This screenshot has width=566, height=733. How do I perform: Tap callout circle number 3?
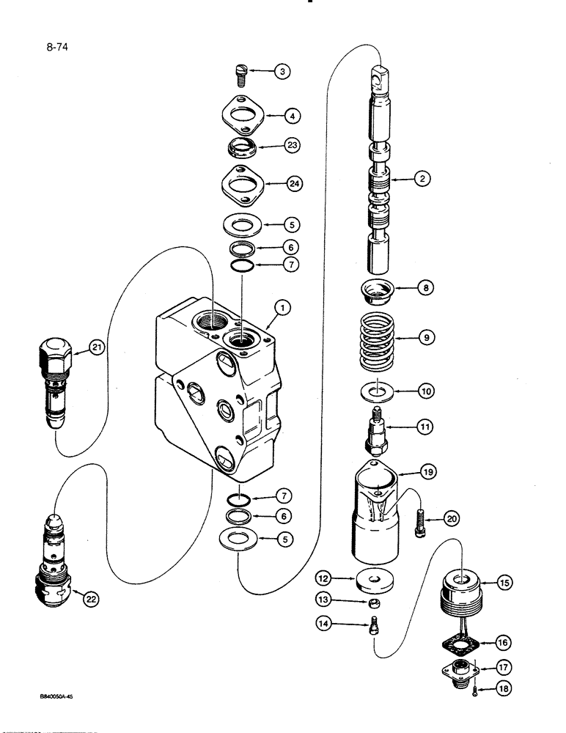(x=282, y=72)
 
